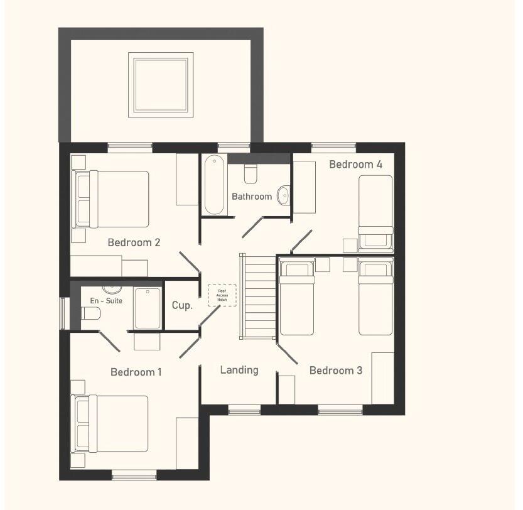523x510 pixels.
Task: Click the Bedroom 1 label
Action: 136,372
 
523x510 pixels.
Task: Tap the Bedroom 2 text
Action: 134,242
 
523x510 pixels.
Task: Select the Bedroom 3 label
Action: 335,371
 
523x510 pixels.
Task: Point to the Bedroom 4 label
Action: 355,165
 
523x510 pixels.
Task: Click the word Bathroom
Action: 252,197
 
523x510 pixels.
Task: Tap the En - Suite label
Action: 106,301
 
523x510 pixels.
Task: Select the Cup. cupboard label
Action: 182,306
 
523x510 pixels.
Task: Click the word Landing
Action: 239,370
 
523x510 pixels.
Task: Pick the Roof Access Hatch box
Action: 222,295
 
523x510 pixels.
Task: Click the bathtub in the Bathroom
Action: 214,185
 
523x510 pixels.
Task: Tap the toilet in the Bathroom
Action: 251,172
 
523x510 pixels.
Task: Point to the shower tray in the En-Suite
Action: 148,308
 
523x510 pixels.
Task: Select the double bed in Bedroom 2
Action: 112,198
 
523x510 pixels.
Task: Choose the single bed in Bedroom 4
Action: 375,212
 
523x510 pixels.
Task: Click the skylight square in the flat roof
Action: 159,85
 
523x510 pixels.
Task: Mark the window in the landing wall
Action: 244,410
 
